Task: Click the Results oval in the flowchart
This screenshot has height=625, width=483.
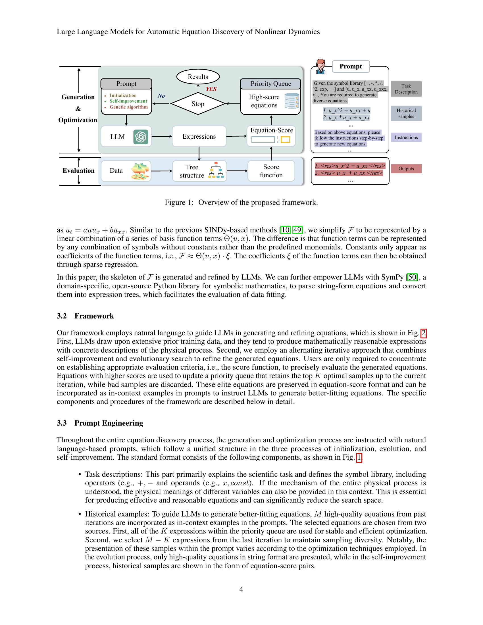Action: (x=198, y=77)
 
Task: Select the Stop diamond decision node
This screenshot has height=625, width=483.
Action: (x=198, y=104)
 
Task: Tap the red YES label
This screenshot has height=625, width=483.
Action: (x=211, y=89)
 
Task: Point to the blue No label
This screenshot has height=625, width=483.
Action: (x=161, y=96)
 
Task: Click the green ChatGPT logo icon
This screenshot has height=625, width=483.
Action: (x=140, y=137)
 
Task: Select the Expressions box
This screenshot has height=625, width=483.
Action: (x=199, y=136)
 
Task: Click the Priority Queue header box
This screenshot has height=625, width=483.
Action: (x=270, y=84)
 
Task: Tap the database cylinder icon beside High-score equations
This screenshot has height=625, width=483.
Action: (x=292, y=101)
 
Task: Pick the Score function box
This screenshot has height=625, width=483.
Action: (x=271, y=171)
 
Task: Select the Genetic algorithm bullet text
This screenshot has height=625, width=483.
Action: (x=128, y=107)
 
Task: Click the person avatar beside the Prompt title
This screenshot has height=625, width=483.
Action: (x=320, y=67)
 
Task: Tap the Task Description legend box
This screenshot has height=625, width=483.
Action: (x=406, y=89)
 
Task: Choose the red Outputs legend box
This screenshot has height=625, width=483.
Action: (x=406, y=168)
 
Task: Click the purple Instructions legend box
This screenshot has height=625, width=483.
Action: (x=406, y=137)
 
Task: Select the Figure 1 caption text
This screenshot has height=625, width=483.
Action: (x=241, y=202)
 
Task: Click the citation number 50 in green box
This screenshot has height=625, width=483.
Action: (x=412, y=277)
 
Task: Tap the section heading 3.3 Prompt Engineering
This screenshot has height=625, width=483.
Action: (x=100, y=423)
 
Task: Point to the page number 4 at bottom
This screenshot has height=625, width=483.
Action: (x=241, y=589)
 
